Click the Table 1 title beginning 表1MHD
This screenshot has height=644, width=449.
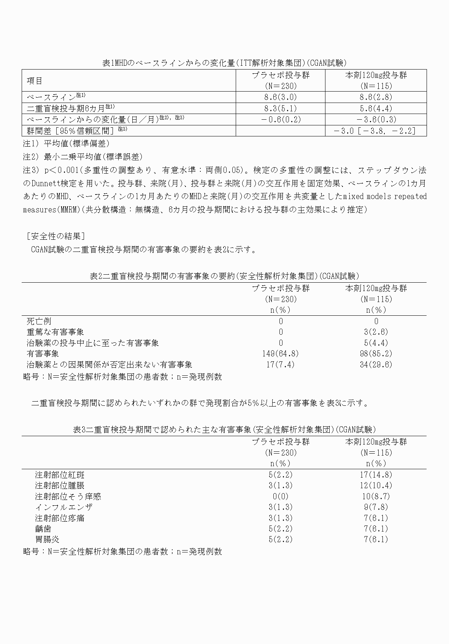click(224, 63)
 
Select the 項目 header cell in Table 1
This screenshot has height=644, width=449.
click(35, 81)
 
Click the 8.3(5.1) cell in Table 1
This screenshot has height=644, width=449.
click(281, 108)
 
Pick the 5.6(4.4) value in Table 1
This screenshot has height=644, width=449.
click(376, 108)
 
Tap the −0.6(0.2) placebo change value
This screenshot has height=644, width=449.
click(281, 119)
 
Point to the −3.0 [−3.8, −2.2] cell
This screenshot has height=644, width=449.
click(376, 131)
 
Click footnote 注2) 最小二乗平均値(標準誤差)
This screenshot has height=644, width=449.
click(83, 157)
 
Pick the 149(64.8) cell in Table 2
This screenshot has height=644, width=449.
click(281, 354)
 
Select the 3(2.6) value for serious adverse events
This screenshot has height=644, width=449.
click(376, 332)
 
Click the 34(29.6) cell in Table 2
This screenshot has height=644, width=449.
click(376, 365)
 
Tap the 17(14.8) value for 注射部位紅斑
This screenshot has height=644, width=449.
click(376, 475)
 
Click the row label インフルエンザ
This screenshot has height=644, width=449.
click(63, 507)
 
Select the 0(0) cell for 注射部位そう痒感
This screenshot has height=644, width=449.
click(281, 496)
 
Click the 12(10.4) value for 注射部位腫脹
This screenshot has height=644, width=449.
click(376, 486)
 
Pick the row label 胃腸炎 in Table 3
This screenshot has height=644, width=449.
click(47, 540)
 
